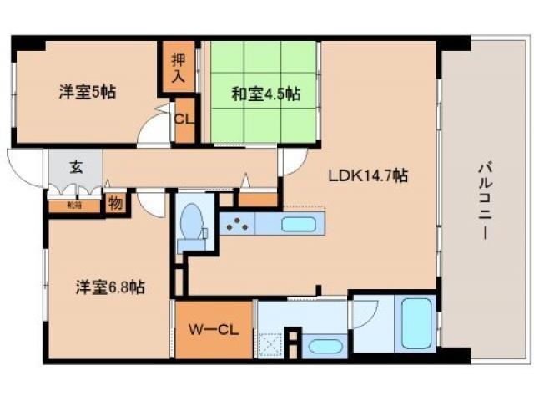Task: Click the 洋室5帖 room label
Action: tap(86, 92)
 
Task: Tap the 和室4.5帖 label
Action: tap(265, 94)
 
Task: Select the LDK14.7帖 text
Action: tap(367, 176)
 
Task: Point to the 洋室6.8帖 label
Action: tap(108, 287)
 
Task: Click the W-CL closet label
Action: tap(213, 329)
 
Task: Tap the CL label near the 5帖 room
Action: tap(183, 119)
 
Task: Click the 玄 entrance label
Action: tap(76, 166)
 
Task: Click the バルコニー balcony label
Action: tap(483, 200)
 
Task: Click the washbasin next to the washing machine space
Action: tap(320, 346)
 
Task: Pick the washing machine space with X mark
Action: tap(270, 344)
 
